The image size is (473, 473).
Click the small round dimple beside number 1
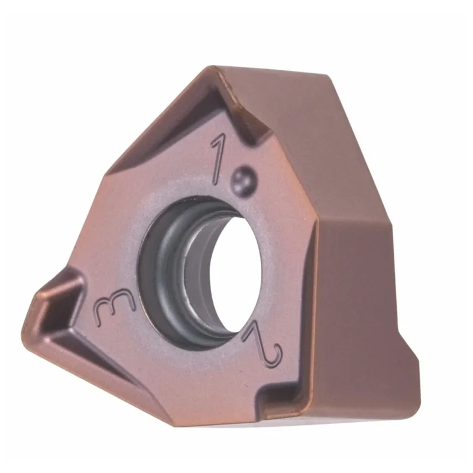(x=244, y=182)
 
